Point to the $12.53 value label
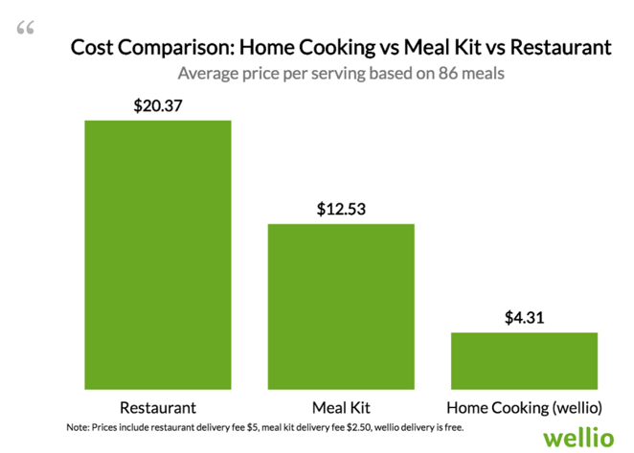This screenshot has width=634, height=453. click(341, 208)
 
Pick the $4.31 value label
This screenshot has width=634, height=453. click(525, 317)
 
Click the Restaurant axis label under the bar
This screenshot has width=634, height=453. click(158, 405)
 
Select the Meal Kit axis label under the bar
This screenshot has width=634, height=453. click(341, 405)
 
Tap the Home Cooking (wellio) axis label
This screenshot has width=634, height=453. click(524, 405)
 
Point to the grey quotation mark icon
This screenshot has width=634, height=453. click(26, 28)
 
